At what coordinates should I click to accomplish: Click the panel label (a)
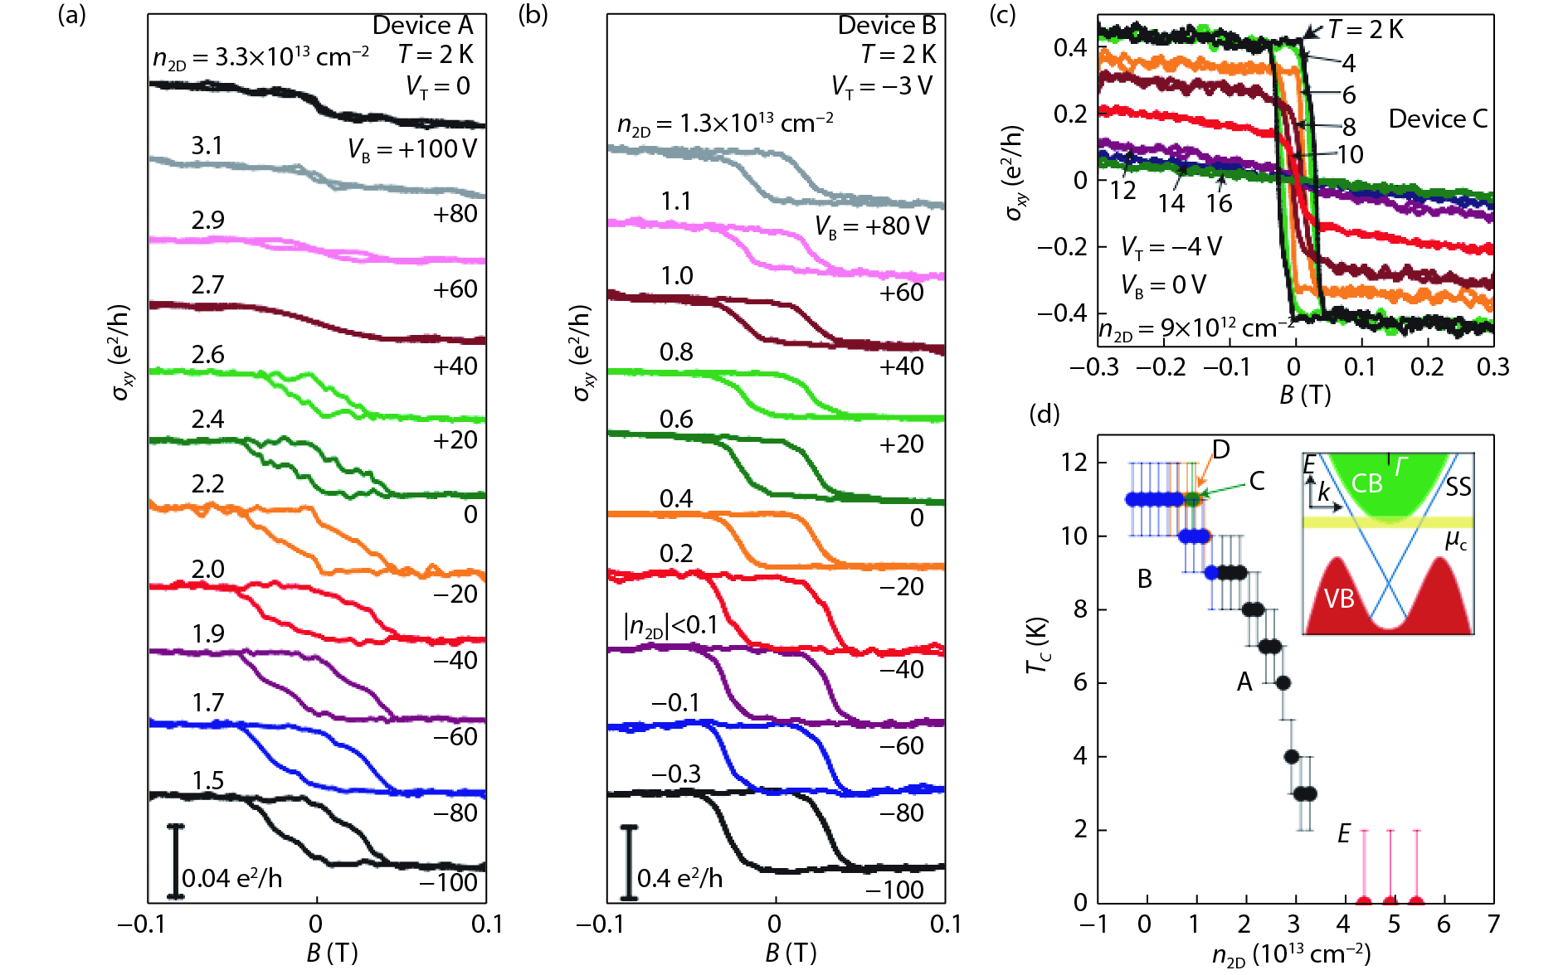71,15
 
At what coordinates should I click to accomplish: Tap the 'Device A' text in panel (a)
422,26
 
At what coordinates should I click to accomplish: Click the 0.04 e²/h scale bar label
231,878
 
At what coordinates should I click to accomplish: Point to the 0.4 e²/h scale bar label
679,878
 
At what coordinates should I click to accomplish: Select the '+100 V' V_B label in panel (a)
412,149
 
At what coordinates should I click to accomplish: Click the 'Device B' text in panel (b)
886,26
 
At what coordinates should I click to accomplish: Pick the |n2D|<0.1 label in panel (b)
670,625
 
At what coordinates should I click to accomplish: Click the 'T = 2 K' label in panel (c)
1365,30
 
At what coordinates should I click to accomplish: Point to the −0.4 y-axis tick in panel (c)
1062,313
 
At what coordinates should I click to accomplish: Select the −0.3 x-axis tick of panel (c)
1094,367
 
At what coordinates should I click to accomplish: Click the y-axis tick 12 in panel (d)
1074,462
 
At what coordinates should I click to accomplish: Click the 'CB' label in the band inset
1366,483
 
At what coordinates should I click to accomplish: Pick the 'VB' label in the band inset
1339,598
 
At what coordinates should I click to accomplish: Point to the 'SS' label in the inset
1458,487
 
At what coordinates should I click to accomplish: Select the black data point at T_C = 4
1292,756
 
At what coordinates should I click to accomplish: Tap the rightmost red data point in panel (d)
1416,902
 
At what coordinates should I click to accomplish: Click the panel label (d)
1044,413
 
